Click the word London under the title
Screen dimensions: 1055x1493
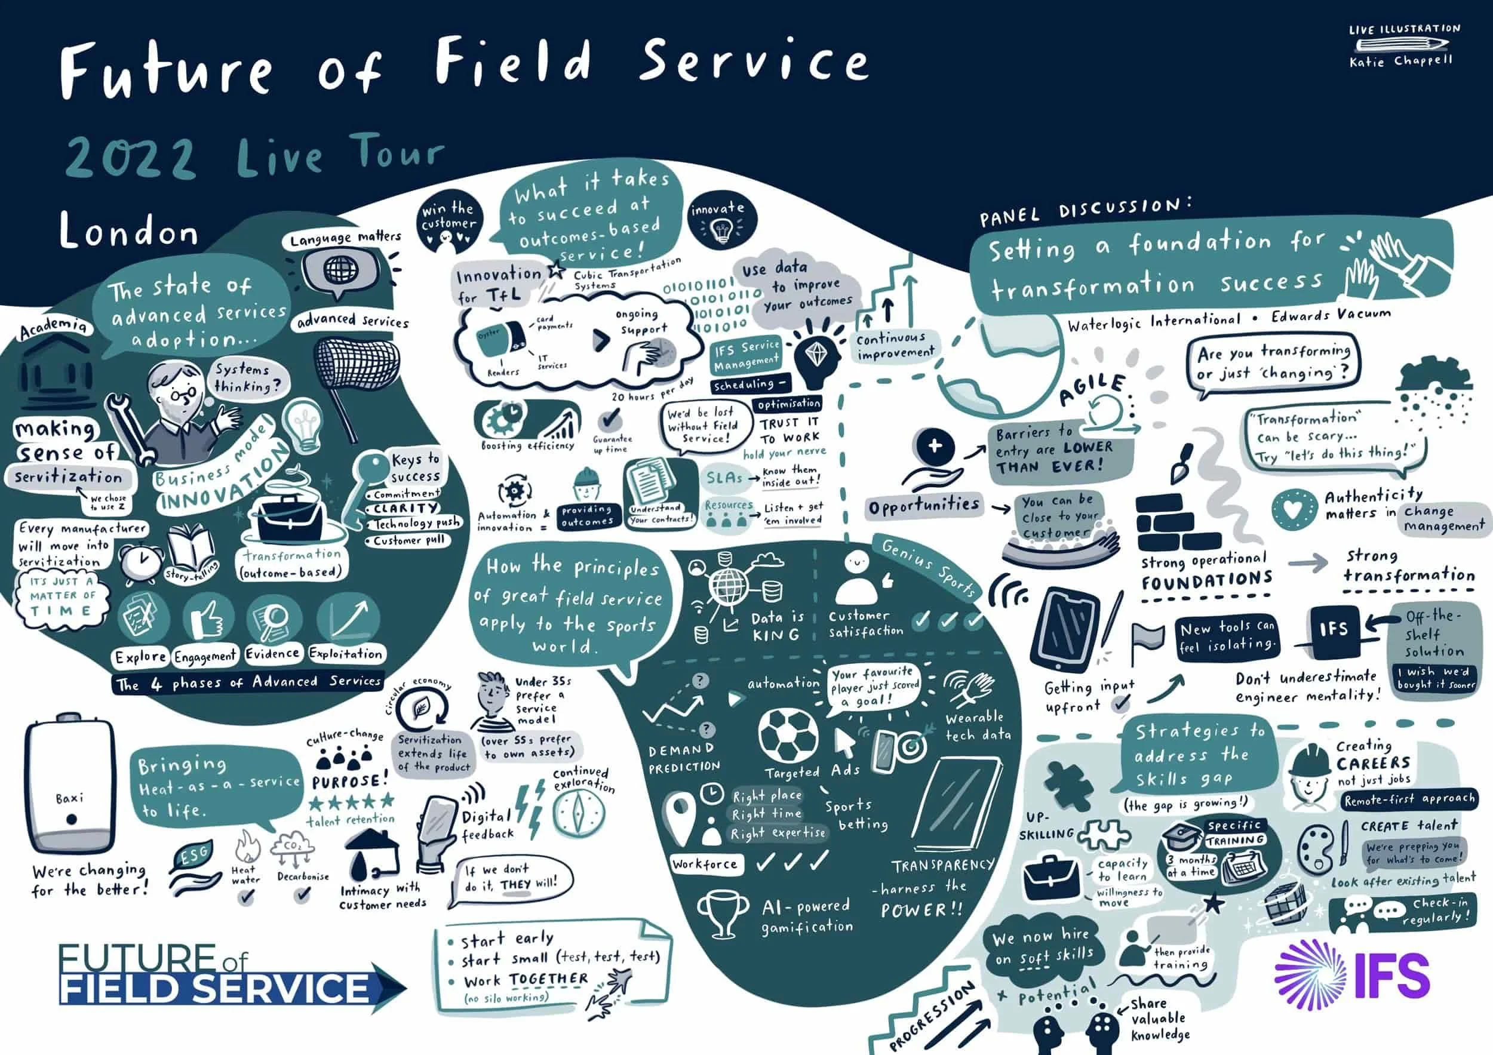[129, 232]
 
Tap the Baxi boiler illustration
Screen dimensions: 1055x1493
[70, 786]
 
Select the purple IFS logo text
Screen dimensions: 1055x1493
[1392, 975]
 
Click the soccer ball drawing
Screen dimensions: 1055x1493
[788, 736]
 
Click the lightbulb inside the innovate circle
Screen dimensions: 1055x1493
[719, 229]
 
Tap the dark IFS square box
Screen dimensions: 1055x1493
[1334, 630]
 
